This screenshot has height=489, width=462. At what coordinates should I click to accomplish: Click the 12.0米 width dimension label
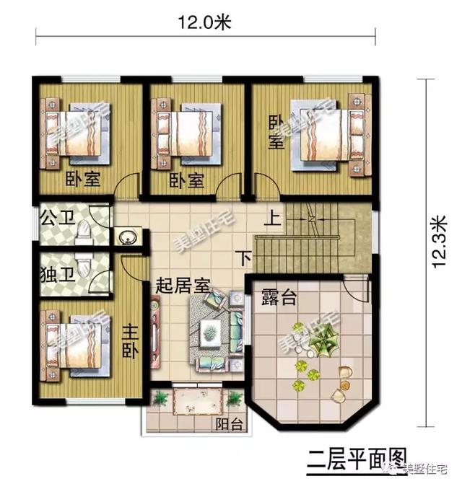[x=204, y=22]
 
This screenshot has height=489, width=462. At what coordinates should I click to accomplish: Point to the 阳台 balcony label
[x=230, y=424]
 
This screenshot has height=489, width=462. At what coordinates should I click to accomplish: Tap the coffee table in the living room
[x=209, y=332]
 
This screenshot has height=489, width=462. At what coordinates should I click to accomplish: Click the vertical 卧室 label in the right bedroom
[x=276, y=131]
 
